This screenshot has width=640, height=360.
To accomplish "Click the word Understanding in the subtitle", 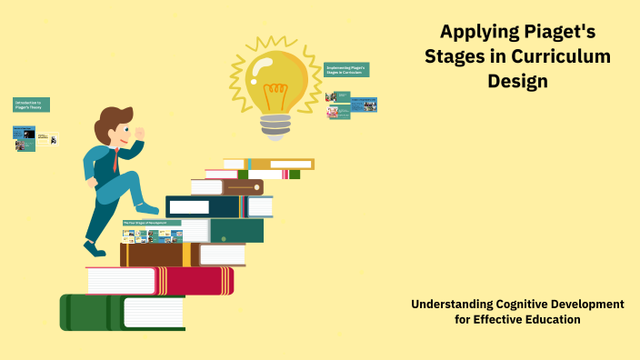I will click(x=453, y=304).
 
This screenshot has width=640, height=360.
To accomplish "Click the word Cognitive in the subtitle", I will click(x=524, y=304).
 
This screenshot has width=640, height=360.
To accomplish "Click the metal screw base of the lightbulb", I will click(x=276, y=125).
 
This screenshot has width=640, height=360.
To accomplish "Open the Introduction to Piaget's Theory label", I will click(x=31, y=105).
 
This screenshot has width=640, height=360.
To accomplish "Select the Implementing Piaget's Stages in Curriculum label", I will click(x=346, y=70).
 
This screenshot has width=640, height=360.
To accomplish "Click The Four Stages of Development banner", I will click(x=151, y=223).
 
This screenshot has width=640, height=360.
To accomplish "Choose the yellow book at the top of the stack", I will click(x=282, y=165).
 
